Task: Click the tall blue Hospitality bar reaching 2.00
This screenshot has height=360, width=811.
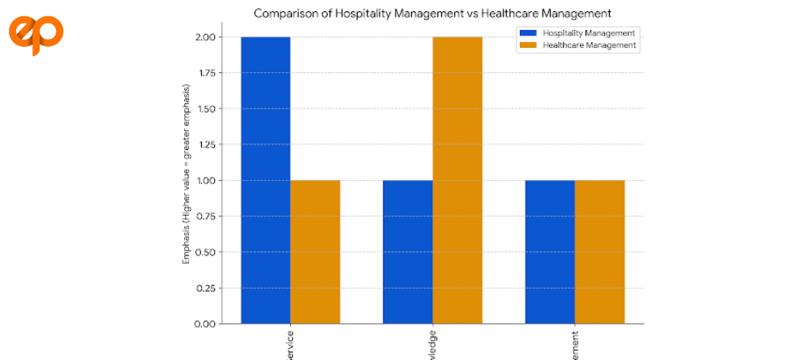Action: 265,180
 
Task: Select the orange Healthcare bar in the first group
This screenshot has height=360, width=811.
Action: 315,251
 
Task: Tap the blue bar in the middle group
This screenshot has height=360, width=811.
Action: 408,251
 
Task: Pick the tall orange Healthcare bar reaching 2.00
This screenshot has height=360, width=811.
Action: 457,180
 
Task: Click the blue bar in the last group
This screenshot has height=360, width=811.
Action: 550,251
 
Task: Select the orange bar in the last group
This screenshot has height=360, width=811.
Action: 599,251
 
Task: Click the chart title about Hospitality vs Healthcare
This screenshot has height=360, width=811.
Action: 433,13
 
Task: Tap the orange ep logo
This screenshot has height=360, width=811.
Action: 36,34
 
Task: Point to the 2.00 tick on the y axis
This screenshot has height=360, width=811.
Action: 204,37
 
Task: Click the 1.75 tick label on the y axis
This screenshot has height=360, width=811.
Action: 204,73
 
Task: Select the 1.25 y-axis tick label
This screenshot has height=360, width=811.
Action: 204,144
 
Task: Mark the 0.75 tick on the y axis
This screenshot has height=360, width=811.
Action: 204,216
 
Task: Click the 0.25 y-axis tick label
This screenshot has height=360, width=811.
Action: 204,288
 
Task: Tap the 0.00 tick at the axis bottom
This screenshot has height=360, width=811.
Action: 204,324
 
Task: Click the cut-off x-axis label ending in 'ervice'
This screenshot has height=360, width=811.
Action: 290,344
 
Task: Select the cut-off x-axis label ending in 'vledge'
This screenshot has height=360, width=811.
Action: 432,344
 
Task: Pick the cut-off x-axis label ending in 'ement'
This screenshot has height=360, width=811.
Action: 575,344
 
